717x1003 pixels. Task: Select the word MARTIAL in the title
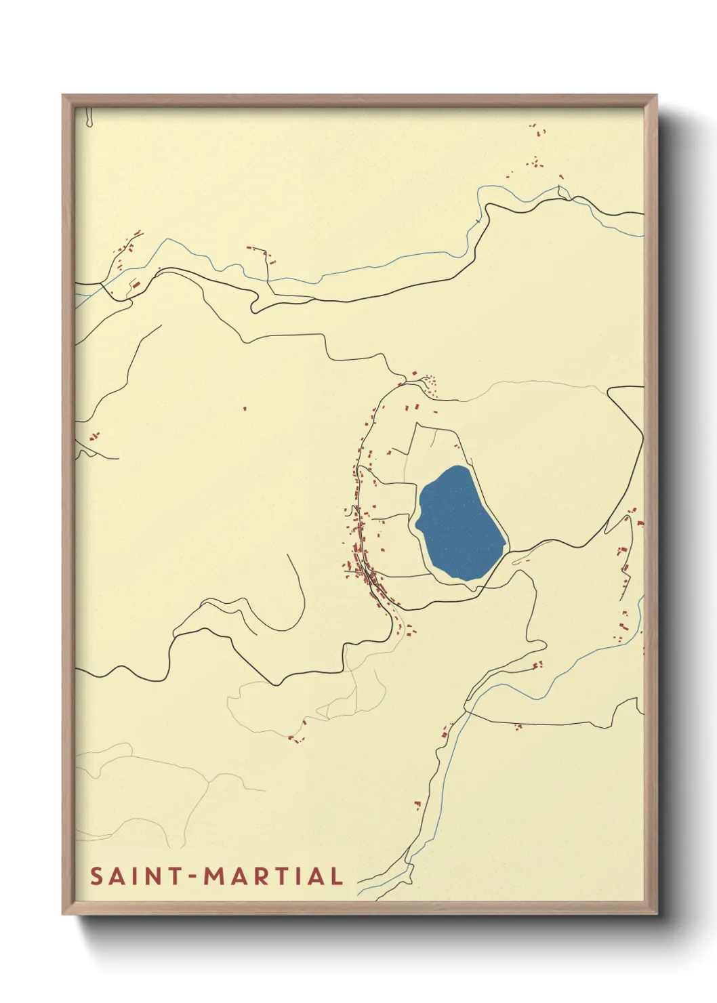pyautogui.click(x=274, y=876)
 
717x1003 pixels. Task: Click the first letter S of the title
pyautogui.click(x=96, y=876)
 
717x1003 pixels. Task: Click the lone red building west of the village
pyautogui.click(x=245, y=408)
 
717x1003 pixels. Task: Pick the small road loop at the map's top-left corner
pyautogui.click(x=89, y=119)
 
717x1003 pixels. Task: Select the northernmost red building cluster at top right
pyautogui.click(x=537, y=129)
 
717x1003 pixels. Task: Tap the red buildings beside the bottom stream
pyautogui.click(x=417, y=804)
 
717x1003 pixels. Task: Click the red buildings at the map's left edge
pyautogui.click(x=94, y=436)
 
